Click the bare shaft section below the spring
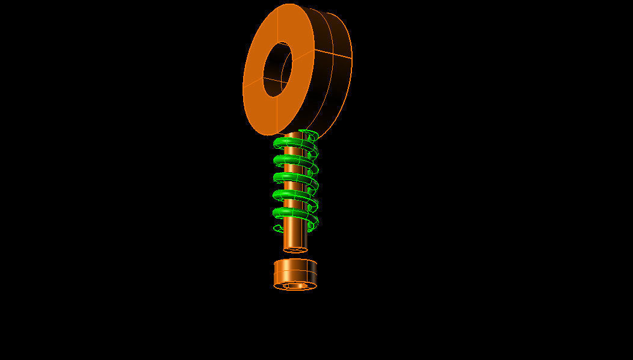point(295,238)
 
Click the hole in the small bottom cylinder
point(295,285)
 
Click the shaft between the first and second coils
point(294,151)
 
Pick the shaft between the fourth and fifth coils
point(294,203)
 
